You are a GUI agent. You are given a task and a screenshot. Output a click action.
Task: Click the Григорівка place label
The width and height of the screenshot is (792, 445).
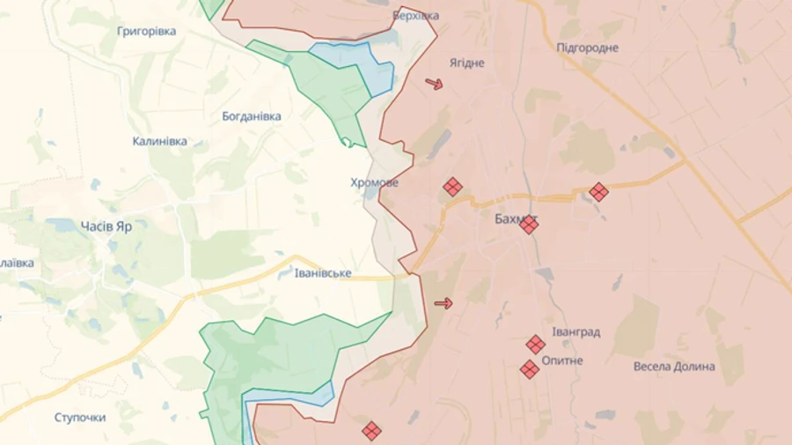tap(146, 31)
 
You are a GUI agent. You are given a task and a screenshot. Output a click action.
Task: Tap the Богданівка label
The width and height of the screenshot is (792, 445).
tap(252, 116)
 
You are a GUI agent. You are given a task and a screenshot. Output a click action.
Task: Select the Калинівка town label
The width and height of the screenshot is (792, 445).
tap(159, 141)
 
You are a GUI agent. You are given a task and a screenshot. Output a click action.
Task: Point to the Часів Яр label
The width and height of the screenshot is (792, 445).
tap(106, 226)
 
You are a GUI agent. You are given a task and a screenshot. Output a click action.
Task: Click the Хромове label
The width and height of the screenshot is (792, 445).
tap(374, 183)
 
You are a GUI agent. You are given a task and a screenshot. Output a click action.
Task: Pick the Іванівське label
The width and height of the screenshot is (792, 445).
tap(323, 273)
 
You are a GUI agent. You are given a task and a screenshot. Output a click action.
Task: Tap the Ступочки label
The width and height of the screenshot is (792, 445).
tap(80, 417)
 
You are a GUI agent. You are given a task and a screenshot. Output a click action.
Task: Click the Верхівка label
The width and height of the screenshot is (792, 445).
tap(415, 16)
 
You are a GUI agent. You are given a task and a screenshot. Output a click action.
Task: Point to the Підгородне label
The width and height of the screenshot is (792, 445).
tap(587, 48)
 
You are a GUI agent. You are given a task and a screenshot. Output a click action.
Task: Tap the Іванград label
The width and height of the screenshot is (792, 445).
tap(576, 332)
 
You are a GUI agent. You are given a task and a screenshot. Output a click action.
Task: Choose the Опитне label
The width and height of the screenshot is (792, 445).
tap(562, 360)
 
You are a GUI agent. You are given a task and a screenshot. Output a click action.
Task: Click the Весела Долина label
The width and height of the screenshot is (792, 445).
tap(675, 367)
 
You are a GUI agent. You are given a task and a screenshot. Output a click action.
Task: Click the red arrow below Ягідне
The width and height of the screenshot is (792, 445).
tap(434, 85)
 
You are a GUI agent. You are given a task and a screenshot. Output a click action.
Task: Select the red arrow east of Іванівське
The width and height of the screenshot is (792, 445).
tap(444, 304)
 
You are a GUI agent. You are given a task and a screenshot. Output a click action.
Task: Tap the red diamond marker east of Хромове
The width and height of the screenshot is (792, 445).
tap(452, 187)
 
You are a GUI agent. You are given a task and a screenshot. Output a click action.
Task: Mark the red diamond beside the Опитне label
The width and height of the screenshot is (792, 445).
tap(529, 369)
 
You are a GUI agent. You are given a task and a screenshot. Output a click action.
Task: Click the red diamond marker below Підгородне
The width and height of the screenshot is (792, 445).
tap(598, 191)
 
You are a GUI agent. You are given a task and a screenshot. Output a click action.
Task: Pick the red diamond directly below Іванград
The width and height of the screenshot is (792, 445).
tap(535, 345)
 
